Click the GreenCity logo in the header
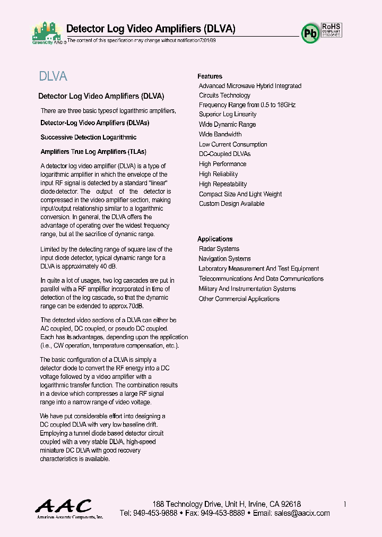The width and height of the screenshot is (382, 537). click(x=48, y=33)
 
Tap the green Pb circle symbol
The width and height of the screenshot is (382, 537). click(x=310, y=33)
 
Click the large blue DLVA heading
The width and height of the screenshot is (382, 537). click(x=53, y=76)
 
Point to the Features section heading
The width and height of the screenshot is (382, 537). click(x=210, y=76)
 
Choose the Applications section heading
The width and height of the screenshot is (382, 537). click(x=215, y=239)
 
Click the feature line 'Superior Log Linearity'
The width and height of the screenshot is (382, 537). click(x=228, y=115)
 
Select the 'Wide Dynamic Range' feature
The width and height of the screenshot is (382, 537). click(x=227, y=125)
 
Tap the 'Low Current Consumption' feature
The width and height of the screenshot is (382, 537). click(x=233, y=144)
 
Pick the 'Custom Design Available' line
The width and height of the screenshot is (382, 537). click(x=231, y=204)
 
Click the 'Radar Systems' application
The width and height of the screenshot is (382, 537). click(x=219, y=249)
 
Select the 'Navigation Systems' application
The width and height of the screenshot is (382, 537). click(x=224, y=259)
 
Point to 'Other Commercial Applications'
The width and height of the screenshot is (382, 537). click(x=239, y=299)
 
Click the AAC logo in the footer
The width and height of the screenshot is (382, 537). click(x=64, y=508)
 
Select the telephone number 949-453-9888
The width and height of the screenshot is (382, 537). click(x=155, y=513)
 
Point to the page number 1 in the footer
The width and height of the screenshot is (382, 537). click(x=345, y=504)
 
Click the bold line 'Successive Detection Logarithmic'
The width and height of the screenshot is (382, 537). click(x=85, y=137)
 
